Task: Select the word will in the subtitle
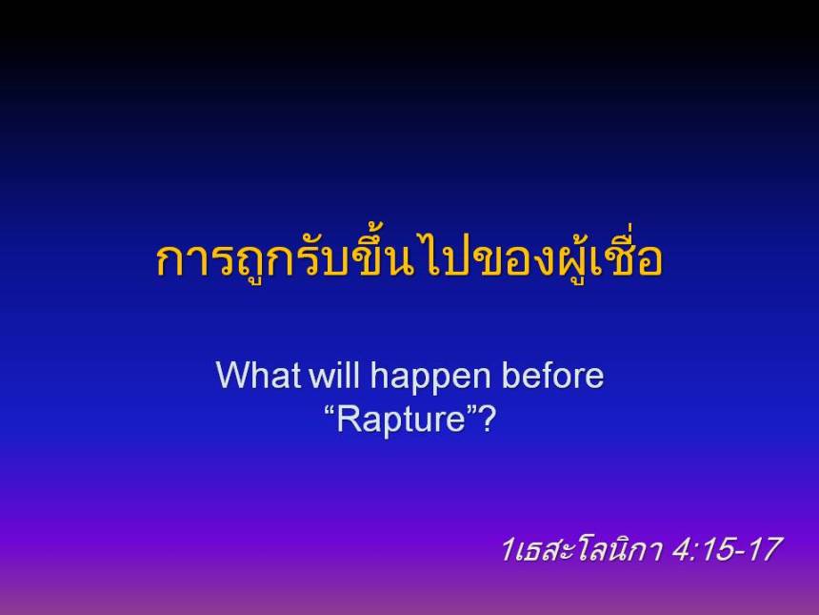click(334, 376)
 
